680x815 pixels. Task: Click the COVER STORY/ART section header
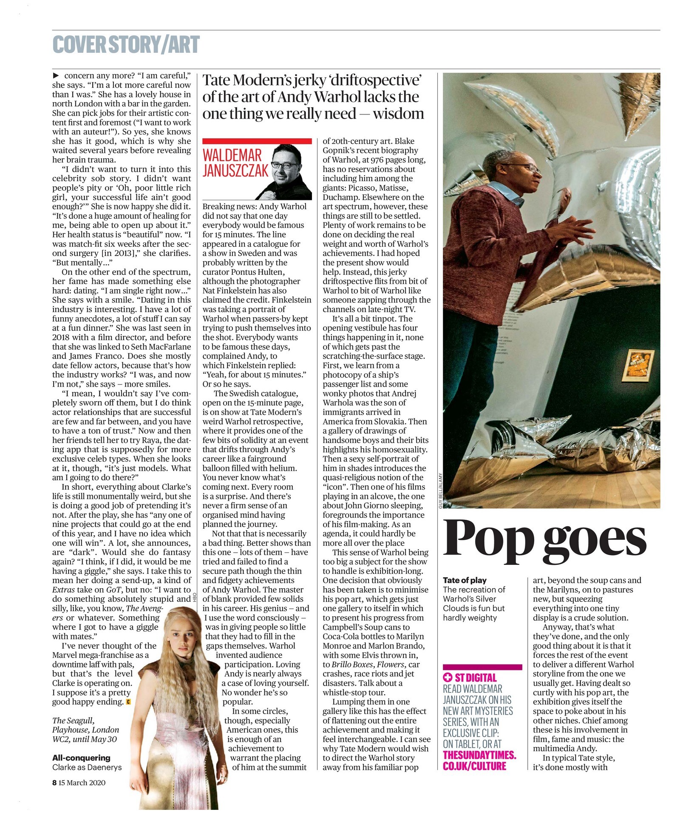(126, 45)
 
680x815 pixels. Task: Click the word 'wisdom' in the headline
(398, 114)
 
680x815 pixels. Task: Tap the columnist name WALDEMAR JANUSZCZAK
(235, 162)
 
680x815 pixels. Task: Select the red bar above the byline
(257, 141)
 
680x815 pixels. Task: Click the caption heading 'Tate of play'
(465, 580)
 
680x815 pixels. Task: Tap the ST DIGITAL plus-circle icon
(448, 678)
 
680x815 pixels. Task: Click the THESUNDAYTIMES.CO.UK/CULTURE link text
(479, 761)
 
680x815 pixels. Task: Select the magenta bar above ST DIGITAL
(482, 667)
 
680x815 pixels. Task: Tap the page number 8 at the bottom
(54, 783)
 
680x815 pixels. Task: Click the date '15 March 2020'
(82, 783)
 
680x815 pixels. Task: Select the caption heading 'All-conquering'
(81, 758)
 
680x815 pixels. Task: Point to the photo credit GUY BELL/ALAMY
(440, 490)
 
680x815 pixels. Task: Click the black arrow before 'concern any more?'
(55, 76)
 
